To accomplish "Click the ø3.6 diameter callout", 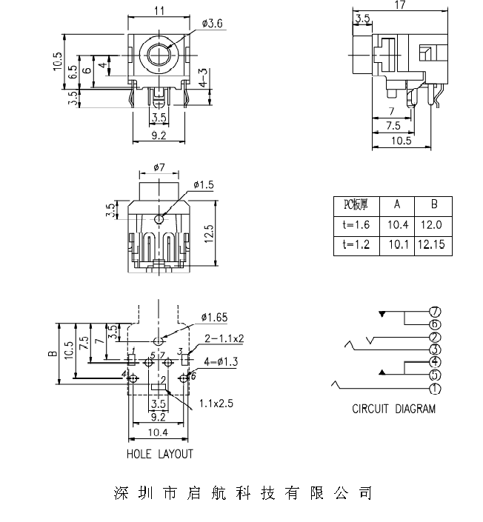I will click(x=211, y=24).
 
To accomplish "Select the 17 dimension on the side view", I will click(x=400, y=5).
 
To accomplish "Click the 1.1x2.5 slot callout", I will click(x=216, y=404).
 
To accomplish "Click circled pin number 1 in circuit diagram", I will click(x=435, y=389).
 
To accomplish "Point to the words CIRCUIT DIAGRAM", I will click(x=393, y=409).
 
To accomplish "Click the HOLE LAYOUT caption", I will click(x=159, y=455).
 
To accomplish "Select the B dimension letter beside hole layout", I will click(x=53, y=353).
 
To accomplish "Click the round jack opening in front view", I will click(x=159, y=53).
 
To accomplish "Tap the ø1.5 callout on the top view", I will click(x=203, y=184).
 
